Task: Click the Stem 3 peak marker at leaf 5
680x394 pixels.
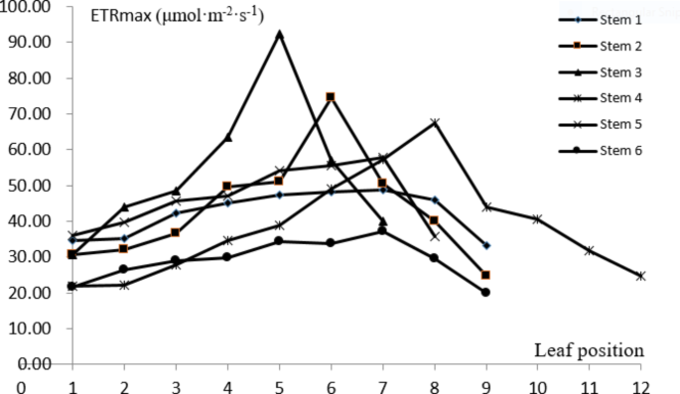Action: (x=279, y=34)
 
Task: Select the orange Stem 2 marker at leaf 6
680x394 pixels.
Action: (x=331, y=97)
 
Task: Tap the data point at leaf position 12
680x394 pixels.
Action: (x=640, y=276)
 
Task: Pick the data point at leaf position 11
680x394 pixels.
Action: (x=589, y=250)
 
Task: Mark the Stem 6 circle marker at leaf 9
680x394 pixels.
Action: (x=485, y=292)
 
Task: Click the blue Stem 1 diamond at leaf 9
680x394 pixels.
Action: (x=485, y=245)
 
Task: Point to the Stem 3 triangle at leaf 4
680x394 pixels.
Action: (x=227, y=137)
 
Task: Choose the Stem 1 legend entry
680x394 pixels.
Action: (x=606, y=19)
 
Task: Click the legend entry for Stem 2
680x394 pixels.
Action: (x=606, y=45)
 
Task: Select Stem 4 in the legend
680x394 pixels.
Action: (x=606, y=97)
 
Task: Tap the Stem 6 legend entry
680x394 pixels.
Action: (x=606, y=150)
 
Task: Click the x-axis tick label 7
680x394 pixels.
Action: (x=382, y=383)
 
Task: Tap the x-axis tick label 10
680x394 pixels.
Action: (x=537, y=383)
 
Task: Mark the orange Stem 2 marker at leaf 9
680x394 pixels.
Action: (x=485, y=275)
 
